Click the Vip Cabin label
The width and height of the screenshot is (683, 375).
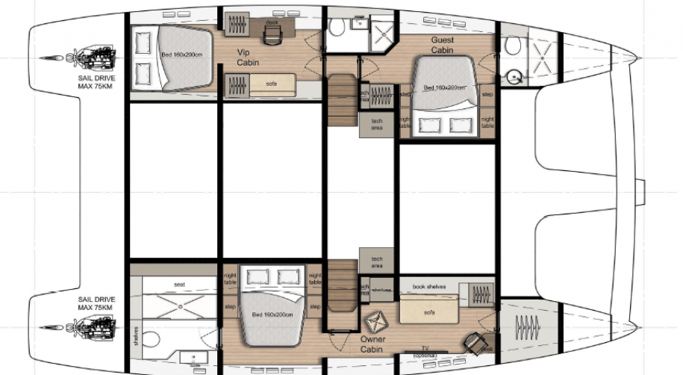click(x=248, y=58)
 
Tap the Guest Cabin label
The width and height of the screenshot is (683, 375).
click(x=443, y=45)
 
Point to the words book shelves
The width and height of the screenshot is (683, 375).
click(x=428, y=285)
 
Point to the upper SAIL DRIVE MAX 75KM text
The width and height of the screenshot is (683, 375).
click(x=94, y=81)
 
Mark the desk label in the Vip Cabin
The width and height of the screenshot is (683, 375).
click(x=271, y=22)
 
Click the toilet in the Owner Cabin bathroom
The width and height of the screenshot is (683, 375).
click(x=152, y=341)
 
